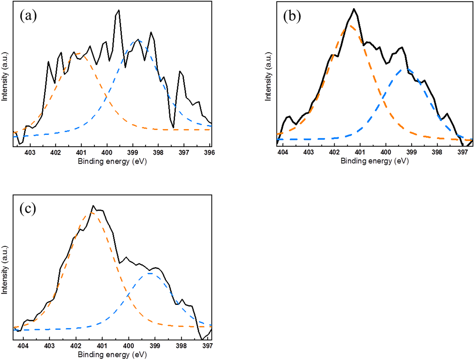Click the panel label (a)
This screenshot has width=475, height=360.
(x=28, y=16)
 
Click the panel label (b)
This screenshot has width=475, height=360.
(x=292, y=16)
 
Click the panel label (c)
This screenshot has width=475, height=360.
(x=28, y=209)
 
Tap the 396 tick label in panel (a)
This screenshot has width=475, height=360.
(x=209, y=153)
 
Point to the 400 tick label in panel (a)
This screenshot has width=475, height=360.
(x=107, y=153)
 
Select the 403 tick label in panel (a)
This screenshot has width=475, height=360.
(x=30, y=153)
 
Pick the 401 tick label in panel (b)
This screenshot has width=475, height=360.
(x=360, y=152)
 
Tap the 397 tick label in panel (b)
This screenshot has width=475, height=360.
(x=463, y=152)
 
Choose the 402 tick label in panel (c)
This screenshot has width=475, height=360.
(x=76, y=346)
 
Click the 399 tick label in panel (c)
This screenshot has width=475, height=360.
(x=155, y=346)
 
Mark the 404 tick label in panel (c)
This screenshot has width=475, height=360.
(x=23, y=346)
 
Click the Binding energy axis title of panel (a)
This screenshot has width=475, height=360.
(x=112, y=161)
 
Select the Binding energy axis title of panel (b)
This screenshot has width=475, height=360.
(x=375, y=161)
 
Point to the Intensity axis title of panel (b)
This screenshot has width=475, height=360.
(x=268, y=77)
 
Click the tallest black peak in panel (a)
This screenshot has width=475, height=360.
(x=118, y=10)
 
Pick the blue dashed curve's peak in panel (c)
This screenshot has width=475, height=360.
(x=150, y=273)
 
